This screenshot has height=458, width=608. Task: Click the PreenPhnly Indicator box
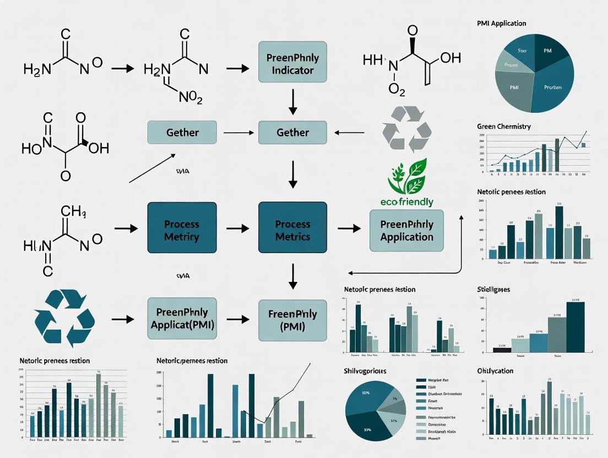[292, 64]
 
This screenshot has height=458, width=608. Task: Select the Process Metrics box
[292, 231]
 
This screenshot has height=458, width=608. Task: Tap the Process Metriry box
[181, 231]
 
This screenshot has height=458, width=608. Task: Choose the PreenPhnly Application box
[406, 231]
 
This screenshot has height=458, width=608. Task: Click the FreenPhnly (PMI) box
[292, 320]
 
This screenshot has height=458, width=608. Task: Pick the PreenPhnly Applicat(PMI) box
[181, 320]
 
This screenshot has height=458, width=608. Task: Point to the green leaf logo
[408, 176]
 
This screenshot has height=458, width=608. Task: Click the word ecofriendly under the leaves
[407, 202]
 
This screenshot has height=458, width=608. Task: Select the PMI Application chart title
[501, 24]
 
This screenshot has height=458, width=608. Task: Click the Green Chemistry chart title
[503, 127]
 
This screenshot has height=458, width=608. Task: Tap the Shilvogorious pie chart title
[365, 371]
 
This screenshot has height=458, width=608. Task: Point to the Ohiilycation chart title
[495, 371]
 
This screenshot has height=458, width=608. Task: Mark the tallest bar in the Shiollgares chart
[576, 327]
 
